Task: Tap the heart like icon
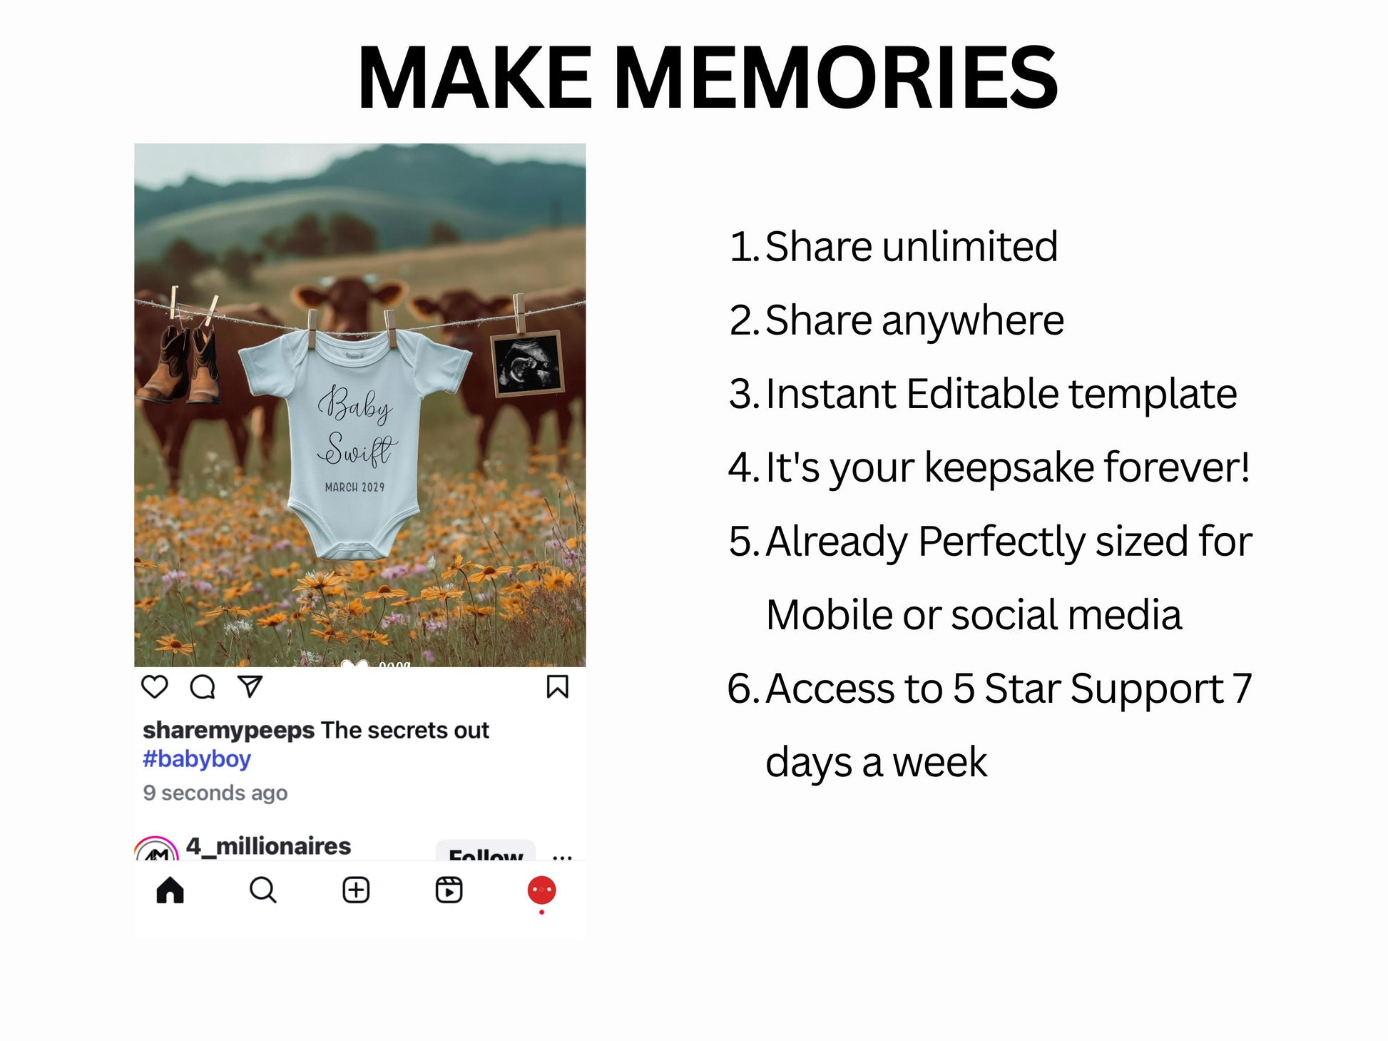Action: pos(155,686)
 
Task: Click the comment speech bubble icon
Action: pos(203,686)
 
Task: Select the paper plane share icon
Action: pos(250,686)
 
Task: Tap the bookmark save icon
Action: pos(557,686)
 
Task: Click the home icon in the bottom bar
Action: pos(170,890)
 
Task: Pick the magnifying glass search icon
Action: pos(263,890)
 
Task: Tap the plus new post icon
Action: pos(356,890)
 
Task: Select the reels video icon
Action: pos(449,890)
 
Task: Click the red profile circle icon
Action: pos(541,890)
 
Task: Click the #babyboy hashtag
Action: pos(197,759)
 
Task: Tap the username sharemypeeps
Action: pos(228,731)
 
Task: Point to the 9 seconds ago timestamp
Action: pos(215,793)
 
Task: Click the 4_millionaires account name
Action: pos(268,846)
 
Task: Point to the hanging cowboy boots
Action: pos(180,364)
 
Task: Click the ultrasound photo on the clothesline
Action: pos(527,364)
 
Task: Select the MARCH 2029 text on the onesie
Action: pos(354,487)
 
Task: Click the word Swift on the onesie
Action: pos(357,449)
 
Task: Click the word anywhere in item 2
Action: pos(973,320)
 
